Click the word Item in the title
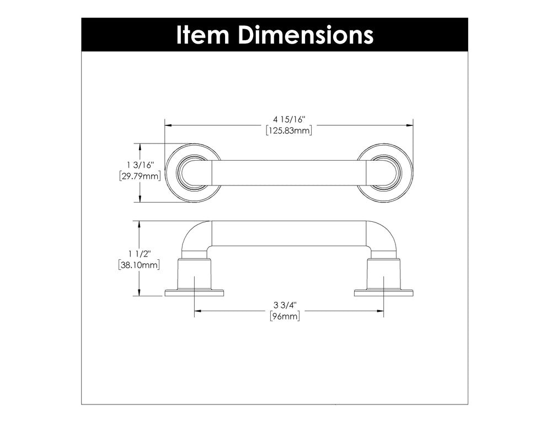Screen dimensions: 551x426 point(203,35)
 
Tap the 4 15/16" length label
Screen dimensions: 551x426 point(289,120)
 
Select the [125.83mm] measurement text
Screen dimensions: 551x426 point(289,131)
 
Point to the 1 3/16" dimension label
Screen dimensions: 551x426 point(141,165)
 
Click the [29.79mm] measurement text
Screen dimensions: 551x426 point(140,176)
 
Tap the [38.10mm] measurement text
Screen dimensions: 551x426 point(139,265)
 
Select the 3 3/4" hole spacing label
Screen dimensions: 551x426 point(285,305)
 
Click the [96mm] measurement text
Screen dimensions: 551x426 point(285,316)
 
